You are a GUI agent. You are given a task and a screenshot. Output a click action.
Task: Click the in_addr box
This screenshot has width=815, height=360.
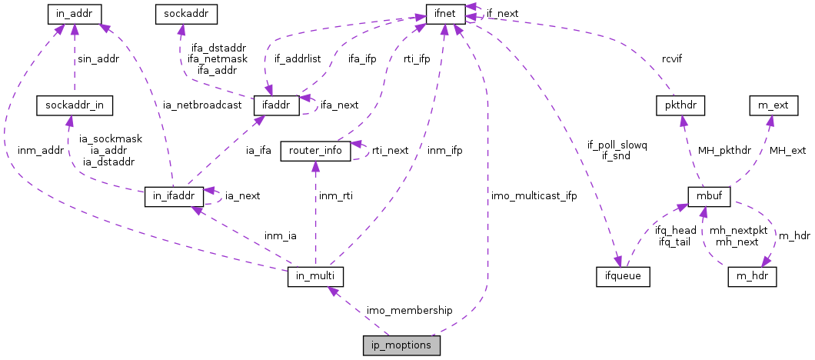click(x=75, y=13)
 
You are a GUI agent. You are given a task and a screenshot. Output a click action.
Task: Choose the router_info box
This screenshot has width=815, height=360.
click(x=315, y=150)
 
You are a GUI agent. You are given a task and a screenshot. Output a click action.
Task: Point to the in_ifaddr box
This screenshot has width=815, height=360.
click(x=174, y=196)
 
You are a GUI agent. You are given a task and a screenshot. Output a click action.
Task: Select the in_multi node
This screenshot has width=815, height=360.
click(x=314, y=275)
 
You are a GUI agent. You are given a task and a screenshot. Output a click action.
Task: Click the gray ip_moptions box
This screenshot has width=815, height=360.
click(x=401, y=345)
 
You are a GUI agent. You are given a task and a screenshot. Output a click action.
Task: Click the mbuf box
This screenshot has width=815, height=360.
click(x=704, y=196)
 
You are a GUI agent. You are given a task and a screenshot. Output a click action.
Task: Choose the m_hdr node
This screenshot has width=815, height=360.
click(x=753, y=275)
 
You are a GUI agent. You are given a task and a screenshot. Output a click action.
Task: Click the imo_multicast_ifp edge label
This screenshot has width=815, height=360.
click(x=533, y=196)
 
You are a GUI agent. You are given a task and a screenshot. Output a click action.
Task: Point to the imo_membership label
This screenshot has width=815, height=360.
click(x=409, y=309)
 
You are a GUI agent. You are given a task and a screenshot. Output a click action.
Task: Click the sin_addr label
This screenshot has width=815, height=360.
click(x=98, y=58)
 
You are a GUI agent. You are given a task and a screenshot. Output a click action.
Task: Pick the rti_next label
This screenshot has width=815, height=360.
click(x=391, y=150)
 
